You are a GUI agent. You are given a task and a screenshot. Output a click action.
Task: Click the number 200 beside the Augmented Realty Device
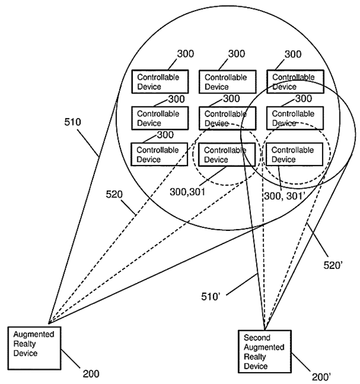(90, 373)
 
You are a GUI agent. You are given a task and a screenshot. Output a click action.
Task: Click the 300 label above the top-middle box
(237, 54)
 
